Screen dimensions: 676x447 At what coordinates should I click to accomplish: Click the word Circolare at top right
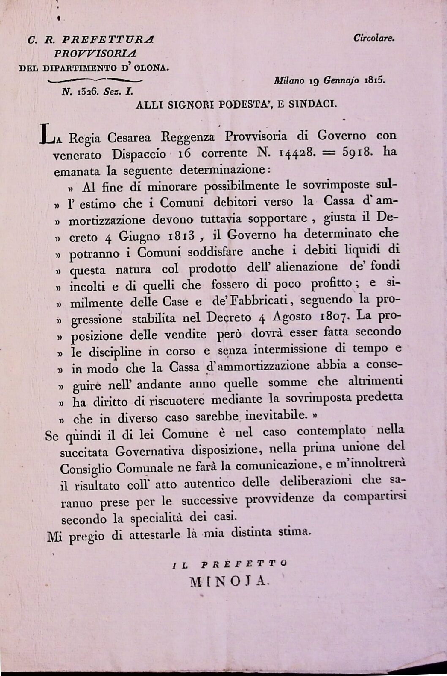point(373,38)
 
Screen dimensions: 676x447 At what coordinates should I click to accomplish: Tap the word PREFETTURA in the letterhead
point(108,40)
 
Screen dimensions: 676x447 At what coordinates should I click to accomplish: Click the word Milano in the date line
point(289,80)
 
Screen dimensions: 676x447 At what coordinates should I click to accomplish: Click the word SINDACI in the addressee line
point(313,105)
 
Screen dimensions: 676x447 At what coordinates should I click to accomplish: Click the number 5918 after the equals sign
point(355,152)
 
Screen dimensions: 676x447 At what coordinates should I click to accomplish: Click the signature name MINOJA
point(229,582)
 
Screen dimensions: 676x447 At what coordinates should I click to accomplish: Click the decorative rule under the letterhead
point(95,80)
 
